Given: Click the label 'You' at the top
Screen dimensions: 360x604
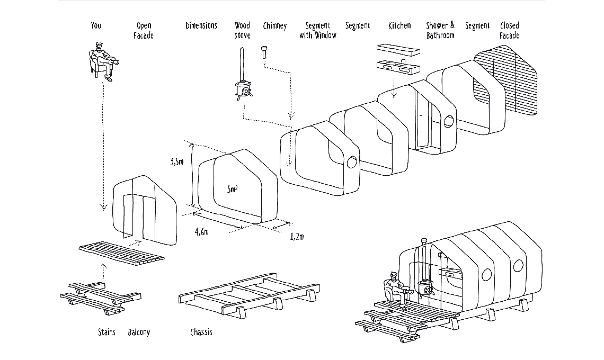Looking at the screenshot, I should coord(96,25).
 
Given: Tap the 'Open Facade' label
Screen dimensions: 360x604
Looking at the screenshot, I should coord(144,31).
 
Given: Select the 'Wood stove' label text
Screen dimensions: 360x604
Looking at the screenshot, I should coord(242,31).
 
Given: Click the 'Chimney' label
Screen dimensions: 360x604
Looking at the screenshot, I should coord(274,25).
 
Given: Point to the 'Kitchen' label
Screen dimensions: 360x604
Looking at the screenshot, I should coord(399,25).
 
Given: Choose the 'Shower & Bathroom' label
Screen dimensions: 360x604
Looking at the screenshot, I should coord(440,31).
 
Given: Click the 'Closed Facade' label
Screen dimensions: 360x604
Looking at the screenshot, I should coord(509,31).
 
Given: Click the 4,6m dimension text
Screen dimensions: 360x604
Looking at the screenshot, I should coord(202,231).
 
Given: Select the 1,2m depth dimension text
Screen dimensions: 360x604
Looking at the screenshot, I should coord(297,236).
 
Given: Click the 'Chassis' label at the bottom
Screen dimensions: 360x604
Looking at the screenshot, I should coord(201,332).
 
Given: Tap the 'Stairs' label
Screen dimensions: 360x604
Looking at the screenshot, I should coord(106,332).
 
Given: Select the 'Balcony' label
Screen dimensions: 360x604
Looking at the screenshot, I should coord(139,332).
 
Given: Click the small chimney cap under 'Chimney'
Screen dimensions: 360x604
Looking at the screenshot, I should coord(263,52).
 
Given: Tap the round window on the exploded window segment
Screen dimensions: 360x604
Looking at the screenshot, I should coord(351,162).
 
